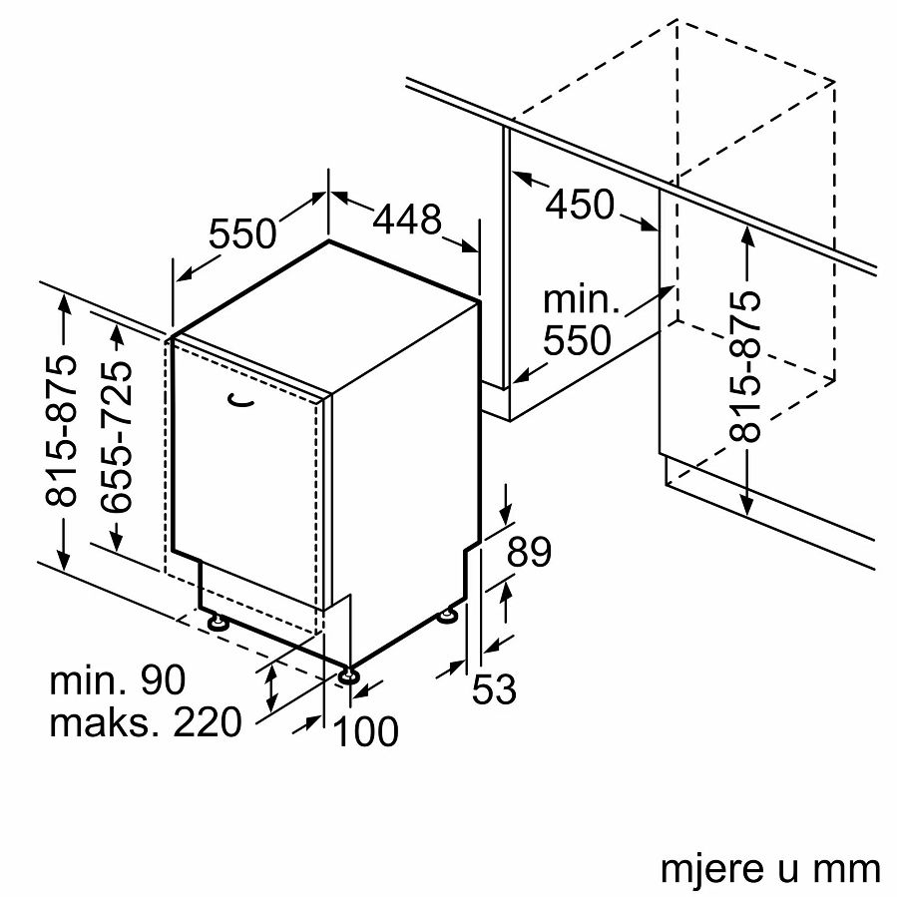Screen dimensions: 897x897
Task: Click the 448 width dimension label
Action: point(407,219)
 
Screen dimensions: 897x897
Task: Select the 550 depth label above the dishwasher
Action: point(242,233)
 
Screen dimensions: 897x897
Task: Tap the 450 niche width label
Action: point(580,205)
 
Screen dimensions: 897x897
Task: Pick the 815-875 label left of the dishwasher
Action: point(62,431)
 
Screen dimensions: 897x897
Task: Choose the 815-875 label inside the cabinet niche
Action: point(745,368)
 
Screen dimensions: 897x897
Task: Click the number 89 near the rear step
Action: point(528,552)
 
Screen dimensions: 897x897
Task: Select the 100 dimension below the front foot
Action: point(364,731)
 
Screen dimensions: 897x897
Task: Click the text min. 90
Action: point(118,681)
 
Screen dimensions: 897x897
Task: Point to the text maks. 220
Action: point(146,721)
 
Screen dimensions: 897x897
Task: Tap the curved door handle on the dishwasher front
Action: point(241,400)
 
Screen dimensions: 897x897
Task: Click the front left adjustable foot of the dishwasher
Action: point(217,623)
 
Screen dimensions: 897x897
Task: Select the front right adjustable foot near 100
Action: point(348,676)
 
